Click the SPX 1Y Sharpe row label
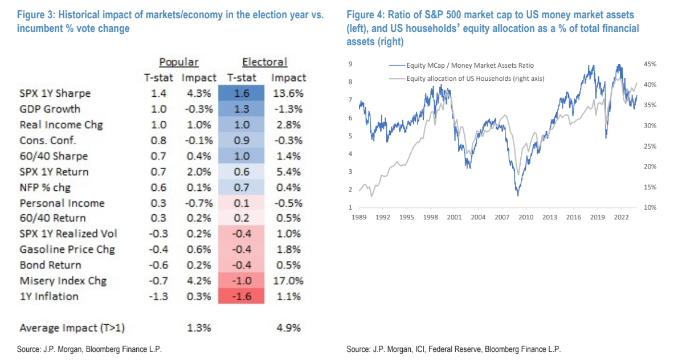pyautogui.click(x=55, y=93)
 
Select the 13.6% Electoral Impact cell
pyautogui.click(x=288, y=93)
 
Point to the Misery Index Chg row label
pyautogui.click(x=63, y=281)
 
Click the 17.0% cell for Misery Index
pyautogui.click(x=288, y=281)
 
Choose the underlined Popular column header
pyautogui.click(x=178, y=62)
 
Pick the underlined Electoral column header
pyautogui.click(x=265, y=62)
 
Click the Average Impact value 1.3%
pyautogui.click(x=199, y=328)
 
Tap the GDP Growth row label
pyautogui.click(x=50, y=109)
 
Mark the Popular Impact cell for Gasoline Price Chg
pyautogui.click(x=199, y=249)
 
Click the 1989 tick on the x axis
pyautogui.click(x=358, y=217)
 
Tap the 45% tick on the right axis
pyautogui.click(x=650, y=64)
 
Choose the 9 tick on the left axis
pyautogui.click(x=349, y=64)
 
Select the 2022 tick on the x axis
pyautogui.click(x=621, y=217)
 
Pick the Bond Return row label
pyautogui.click(x=50, y=265)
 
